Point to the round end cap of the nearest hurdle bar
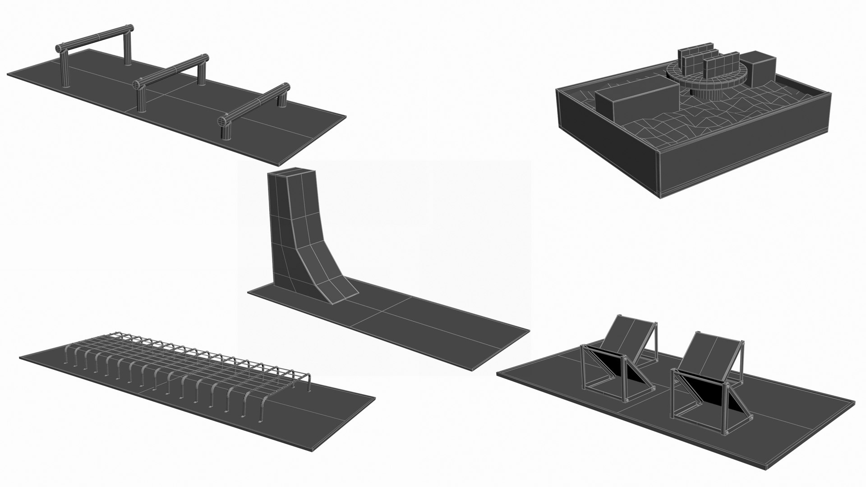pyautogui.click(x=222, y=122)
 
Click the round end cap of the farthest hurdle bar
pyautogui.click(x=60, y=48)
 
